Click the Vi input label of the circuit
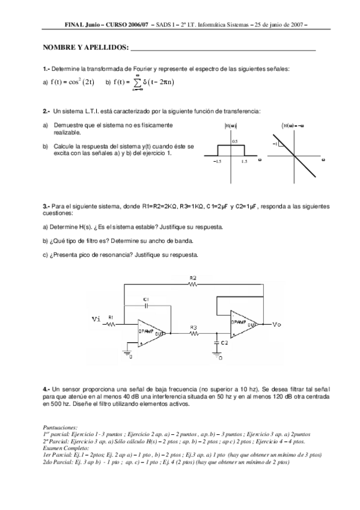pyautogui.click(x=96, y=319)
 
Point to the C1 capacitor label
pyautogui.click(x=146, y=298)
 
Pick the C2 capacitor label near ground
pyautogui.click(x=224, y=342)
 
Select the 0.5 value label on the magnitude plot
pyautogui.click(x=235, y=141)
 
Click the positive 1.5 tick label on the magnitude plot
pyautogui.click(x=245, y=162)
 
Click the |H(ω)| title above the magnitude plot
pyautogui.click(x=231, y=125)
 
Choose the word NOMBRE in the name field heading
pyautogui.click(x=59, y=47)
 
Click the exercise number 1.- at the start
pyautogui.click(x=46, y=69)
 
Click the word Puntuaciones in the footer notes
pyautogui.click(x=60, y=427)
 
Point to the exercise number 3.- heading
pyautogui.click(x=46, y=206)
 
